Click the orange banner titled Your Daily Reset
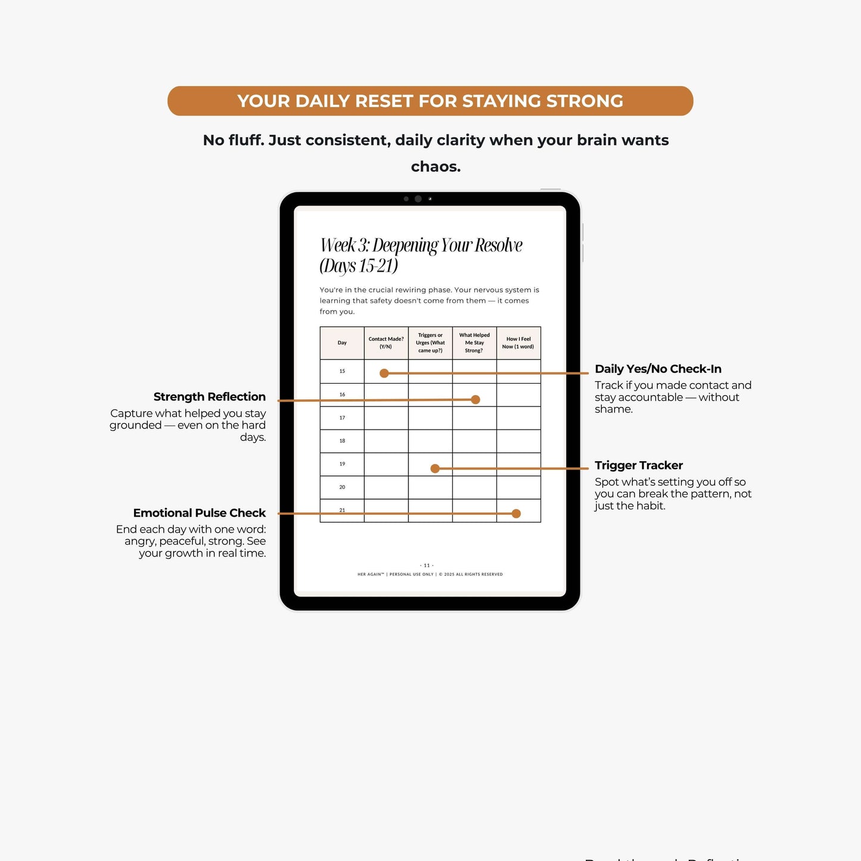pos(430,101)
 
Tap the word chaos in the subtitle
pos(436,166)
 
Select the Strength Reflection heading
pos(209,397)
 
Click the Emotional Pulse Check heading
pos(199,513)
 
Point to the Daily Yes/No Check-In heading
pos(658,369)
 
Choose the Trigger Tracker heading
pos(639,465)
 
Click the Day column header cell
pos(342,343)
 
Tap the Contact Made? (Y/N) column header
pos(386,343)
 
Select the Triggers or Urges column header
pos(430,343)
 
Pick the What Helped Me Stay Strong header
pos(474,343)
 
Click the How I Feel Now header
pos(518,343)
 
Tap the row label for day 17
pos(342,418)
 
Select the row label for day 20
pos(342,487)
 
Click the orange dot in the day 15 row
pos(384,374)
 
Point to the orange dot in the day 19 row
pos(435,469)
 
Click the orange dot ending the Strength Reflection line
pos(475,400)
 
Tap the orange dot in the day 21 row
pos(517,514)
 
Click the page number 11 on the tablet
pos(427,565)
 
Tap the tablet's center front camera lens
pos(418,199)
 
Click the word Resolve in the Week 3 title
pos(498,245)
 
